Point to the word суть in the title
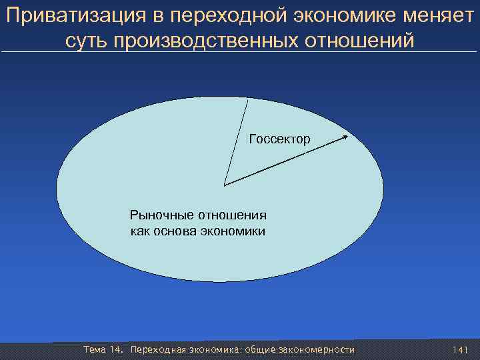pos(87,41)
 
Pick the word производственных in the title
pos(203,41)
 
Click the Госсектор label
pos(279,139)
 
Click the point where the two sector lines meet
pos(225,185)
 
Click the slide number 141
pos(460,350)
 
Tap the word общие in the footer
pos(260,350)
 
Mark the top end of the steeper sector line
pos(248,99)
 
